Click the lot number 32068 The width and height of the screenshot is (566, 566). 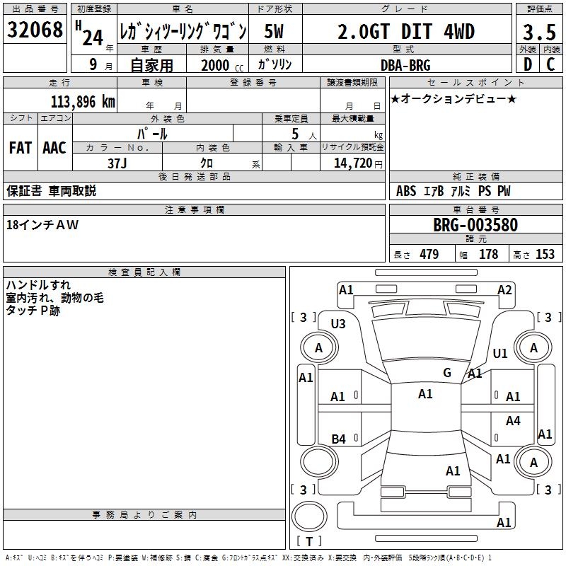click(35, 30)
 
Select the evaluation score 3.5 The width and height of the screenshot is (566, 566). click(539, 33)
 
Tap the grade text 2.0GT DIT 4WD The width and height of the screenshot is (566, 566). click(406, 32)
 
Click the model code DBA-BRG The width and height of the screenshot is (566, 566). click(405, 65)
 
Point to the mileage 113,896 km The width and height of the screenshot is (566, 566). click(83, 102)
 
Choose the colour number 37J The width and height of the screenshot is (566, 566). click(117, 163)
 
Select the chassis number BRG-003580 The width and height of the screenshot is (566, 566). click(475, 225)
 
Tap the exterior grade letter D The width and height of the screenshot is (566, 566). click(528, 64)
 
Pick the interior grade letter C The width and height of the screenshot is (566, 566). click(550, 64)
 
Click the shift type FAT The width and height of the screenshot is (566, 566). click(21, 148)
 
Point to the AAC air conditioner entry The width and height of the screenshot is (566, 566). click(54, 148)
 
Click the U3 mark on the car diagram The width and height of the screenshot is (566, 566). click(338, 324)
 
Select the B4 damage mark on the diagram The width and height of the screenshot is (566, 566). click(339, 439)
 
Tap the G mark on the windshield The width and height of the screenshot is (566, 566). click(447, 372)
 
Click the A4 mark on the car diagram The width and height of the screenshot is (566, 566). click(513, 420)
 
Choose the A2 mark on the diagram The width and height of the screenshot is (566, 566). click(504, 290)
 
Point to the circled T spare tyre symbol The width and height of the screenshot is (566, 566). click(309, 516)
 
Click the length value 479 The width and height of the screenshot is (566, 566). click(429, 254)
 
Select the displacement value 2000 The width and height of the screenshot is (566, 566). click(215, 65)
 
